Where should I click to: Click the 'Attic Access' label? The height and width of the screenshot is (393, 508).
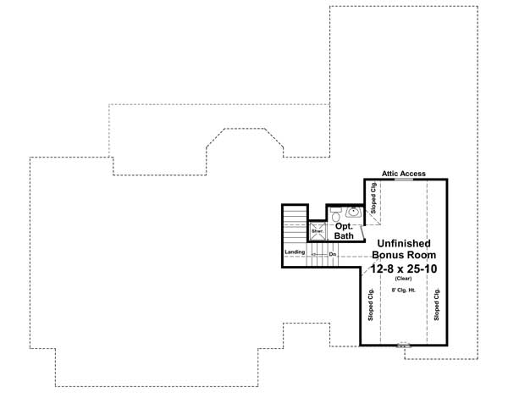(404, 173)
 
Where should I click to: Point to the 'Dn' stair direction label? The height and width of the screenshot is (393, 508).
(333, 252)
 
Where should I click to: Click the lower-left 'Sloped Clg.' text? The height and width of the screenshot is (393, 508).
(372, 306)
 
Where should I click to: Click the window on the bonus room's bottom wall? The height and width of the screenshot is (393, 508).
(404, 345)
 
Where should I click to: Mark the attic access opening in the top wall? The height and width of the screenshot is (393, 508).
(404, 180)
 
